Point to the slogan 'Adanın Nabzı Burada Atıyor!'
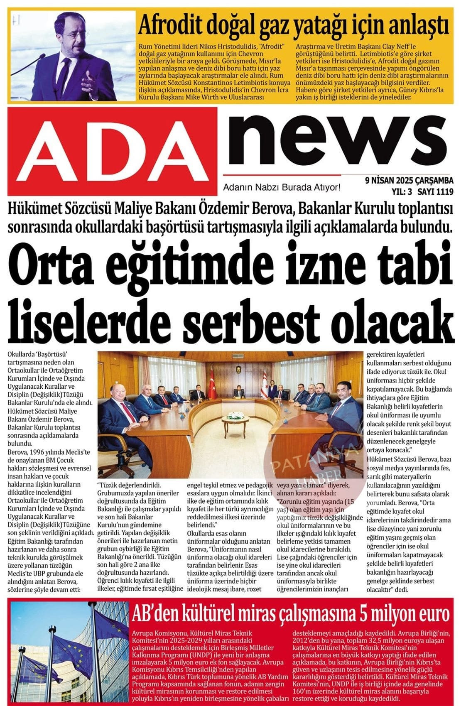[x=282, y=187]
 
